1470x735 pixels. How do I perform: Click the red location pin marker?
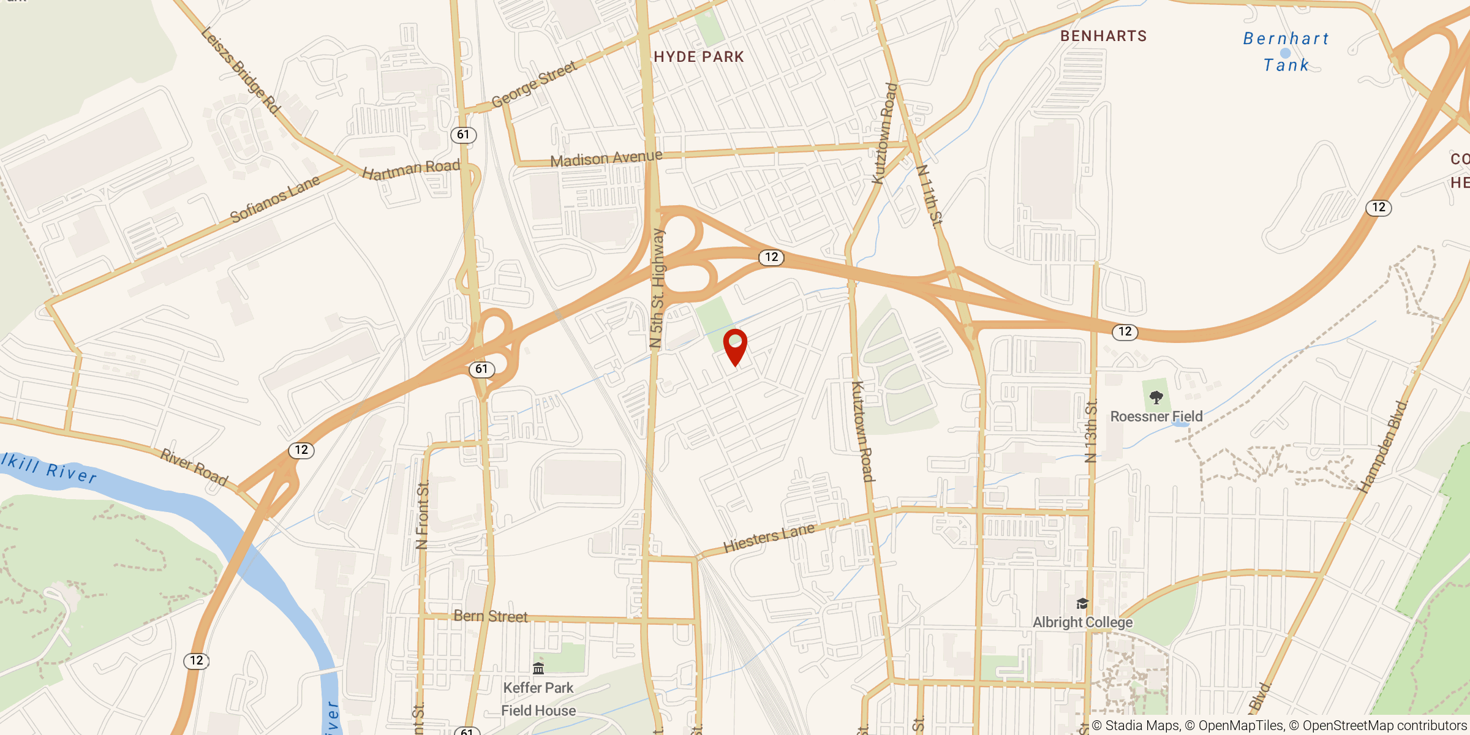point(735,345)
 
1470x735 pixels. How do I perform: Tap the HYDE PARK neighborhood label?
point(698,57)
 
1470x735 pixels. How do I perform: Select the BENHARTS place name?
point(1103,36)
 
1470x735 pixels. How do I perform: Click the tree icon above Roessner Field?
point(1156,398)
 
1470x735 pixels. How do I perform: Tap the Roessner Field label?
point(1156,417)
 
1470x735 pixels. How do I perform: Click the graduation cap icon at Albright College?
point(1082,604)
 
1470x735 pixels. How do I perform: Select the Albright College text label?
point(1082,622)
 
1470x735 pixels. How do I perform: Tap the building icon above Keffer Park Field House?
point(538,668)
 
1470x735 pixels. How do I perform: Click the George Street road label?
point(533,84)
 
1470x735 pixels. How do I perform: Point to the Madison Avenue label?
point(606,159)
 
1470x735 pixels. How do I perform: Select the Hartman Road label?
point(411,169)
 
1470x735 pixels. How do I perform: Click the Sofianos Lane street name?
point(275,199)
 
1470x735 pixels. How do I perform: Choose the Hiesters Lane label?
point(769,538)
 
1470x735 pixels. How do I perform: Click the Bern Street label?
point(490,616)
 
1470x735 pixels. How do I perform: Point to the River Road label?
point(194,467)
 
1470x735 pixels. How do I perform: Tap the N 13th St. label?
point(1090,431)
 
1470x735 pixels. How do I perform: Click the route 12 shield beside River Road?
point(301,450)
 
